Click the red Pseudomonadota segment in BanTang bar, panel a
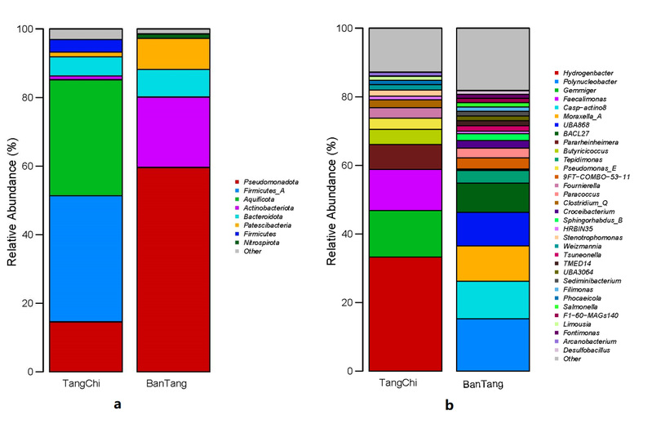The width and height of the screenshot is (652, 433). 173,269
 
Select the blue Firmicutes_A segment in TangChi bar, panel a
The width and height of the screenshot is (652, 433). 86,258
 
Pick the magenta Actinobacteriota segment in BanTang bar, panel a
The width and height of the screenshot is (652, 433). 173,132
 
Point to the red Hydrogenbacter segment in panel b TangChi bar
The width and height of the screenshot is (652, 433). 406,314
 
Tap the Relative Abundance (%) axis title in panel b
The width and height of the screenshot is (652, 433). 332,200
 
